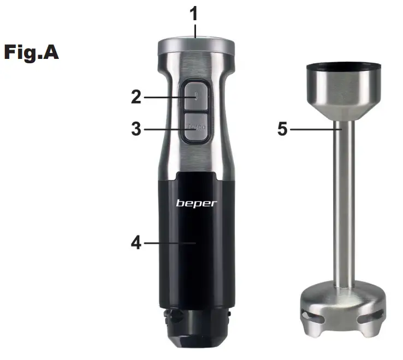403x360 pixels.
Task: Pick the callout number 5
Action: [282, 130]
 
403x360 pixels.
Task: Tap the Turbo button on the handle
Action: [196, 128]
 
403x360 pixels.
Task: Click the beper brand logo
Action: [196, 203]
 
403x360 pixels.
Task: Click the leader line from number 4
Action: [169, 242]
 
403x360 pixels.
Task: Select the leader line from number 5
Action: [314, 130]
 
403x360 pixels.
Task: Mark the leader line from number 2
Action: [167, 98]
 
